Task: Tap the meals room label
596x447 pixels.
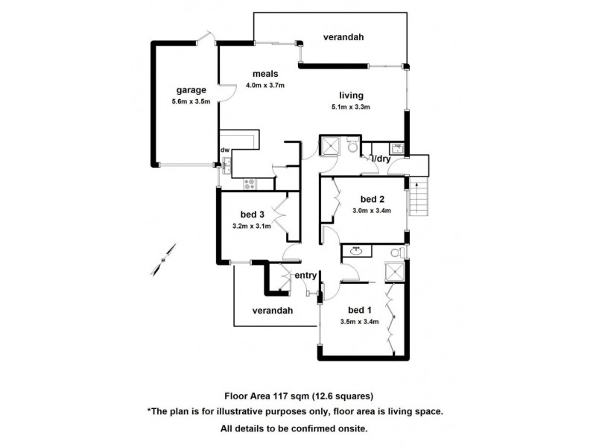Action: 264,74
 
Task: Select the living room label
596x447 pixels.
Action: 351,95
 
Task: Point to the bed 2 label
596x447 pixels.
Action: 372,199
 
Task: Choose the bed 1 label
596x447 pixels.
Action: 360,310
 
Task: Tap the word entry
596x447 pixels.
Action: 305,276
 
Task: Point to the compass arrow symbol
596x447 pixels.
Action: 166,258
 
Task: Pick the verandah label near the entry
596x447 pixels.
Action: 271,310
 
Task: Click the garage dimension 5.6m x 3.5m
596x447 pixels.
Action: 191,102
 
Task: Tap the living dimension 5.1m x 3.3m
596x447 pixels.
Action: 351,107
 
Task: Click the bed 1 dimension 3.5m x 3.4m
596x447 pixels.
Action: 360,322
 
